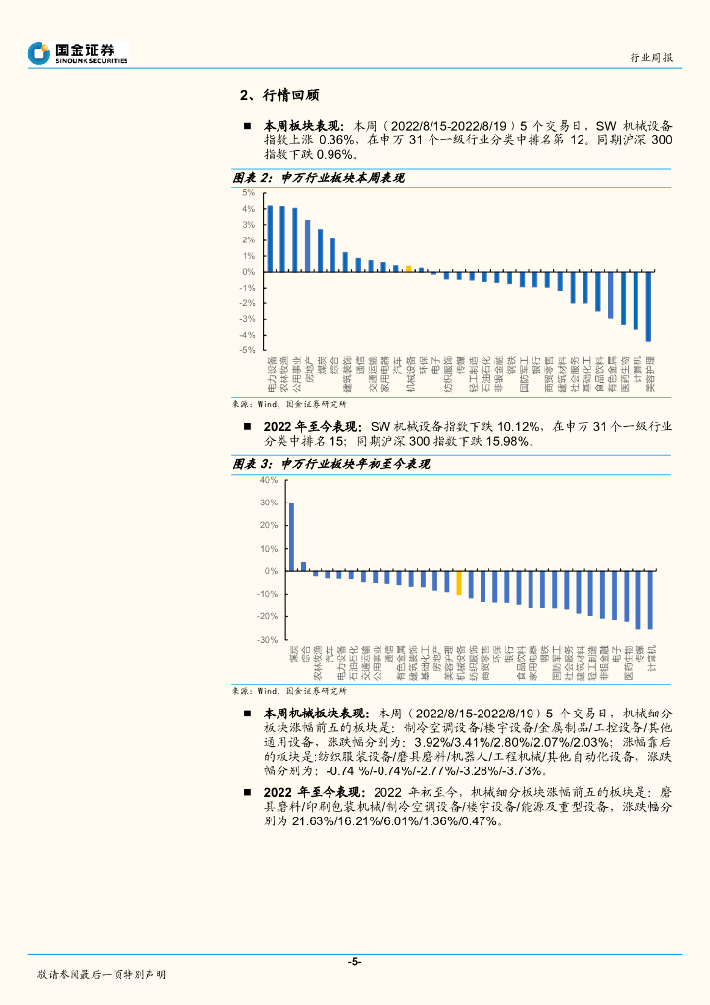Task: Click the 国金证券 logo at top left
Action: (x=78, y=53)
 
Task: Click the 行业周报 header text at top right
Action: (x=651, y=58)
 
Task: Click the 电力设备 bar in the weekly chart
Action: (x=270, y=238)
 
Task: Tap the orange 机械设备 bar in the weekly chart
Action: (x=409, y=269)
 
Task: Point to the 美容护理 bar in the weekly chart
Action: (x=648, y=306)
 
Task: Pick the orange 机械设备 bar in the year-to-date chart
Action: (x=458, y=582)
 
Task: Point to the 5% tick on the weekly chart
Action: (x=249, y=193)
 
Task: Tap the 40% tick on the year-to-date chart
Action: (x=269, y=480)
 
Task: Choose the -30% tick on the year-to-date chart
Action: (x=267, y=640)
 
